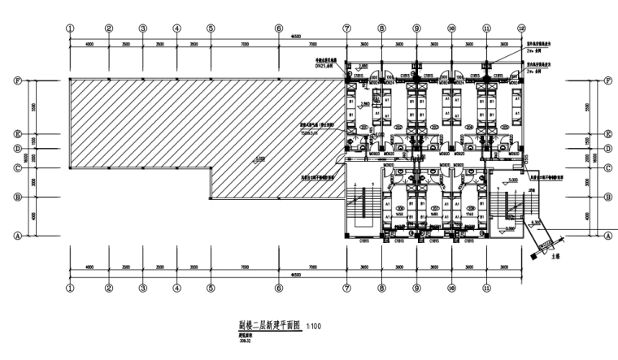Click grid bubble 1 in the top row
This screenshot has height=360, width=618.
pyautogui.click(x=71, y=28)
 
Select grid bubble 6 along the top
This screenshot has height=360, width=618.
pyautogui.click(x=278, y=28)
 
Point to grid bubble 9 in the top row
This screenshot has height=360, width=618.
pyautogui.click(x=416, y=28)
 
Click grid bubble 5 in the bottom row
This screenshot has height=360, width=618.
pyautogui.click(x=211, y=288)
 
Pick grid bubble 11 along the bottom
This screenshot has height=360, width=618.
pyautogui.click(x=487, y=288)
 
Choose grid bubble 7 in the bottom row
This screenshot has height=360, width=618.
pyautogui.click(x=347, y=288)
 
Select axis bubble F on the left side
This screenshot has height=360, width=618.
pyautogui.click(x=16, y=80)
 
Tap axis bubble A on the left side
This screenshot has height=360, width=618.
pyautogui.click(x=16, y=235)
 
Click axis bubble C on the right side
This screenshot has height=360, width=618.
pyautogui.click(x=608, y=168)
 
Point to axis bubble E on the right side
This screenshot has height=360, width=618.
pyautogui.click(x=608, y=135)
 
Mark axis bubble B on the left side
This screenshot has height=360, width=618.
pyautogui.click(x=16, y=197)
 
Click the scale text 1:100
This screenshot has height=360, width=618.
pyautogui.click(x=316, y=326)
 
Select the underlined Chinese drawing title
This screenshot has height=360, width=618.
pyautogui.click(x=265, y=325)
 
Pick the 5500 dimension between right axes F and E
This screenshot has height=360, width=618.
pyautogui.click(x=587, y=107)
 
